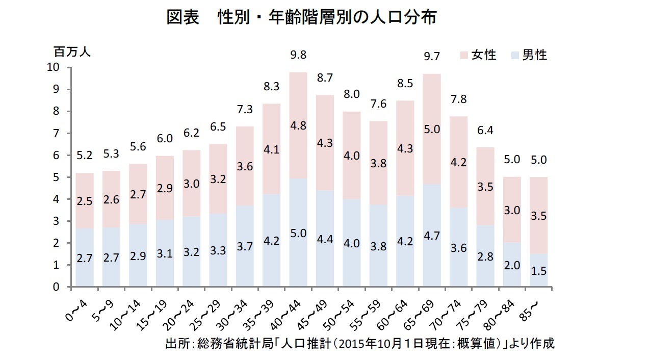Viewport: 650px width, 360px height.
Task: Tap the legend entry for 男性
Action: [x=529, y=55]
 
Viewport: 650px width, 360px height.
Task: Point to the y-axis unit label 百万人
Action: [x=72, y=52]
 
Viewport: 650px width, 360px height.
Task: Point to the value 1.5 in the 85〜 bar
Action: [x=538, y=272]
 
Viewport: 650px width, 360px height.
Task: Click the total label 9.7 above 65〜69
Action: [x=431, y=57]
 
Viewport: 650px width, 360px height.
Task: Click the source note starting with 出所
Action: [x=359, y=343]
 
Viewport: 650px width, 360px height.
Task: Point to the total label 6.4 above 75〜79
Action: [x=485, y=130]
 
